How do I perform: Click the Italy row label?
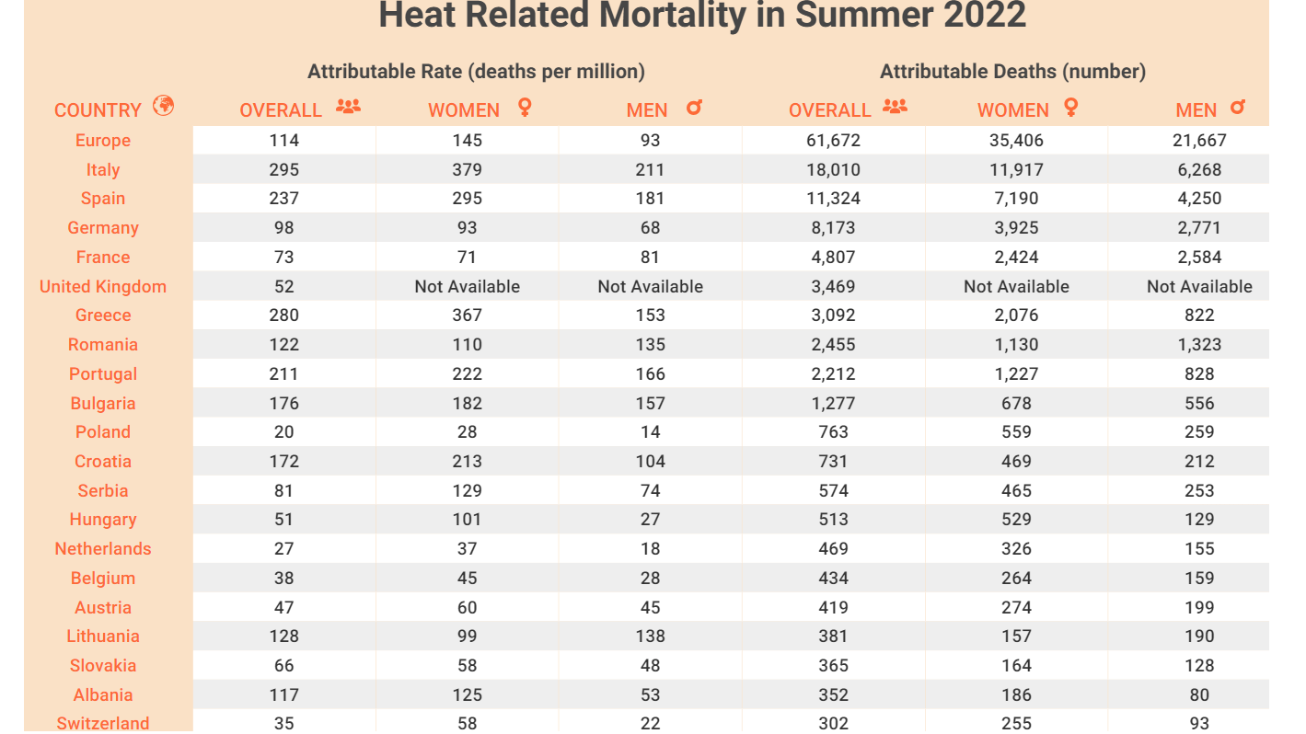click(103, 170)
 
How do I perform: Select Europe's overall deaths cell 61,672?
click(833, 141)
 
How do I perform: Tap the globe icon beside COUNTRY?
click(164, 106)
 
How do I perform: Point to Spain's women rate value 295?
click(468, 199)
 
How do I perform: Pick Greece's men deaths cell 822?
click(1199, 315)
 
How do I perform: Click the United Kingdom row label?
click(103, 287)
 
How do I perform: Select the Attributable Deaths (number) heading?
click(1012, 72)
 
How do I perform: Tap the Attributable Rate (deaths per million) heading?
click(476, 72)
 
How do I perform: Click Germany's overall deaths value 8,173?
click(833, 228)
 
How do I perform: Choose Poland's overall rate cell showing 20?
click(284, 432)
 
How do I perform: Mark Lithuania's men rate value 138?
click(650, 637)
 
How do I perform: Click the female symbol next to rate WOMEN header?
click(525, 108)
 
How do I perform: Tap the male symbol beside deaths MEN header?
click(1238, 108)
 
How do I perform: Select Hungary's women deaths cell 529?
click(1016, 520)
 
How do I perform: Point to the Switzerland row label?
click(103, 723)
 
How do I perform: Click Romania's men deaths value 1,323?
click(1199, 345)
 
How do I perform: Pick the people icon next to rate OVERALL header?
click(348, 107)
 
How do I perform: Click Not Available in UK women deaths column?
click(1016, 287)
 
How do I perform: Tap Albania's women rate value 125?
click(468, 695)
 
